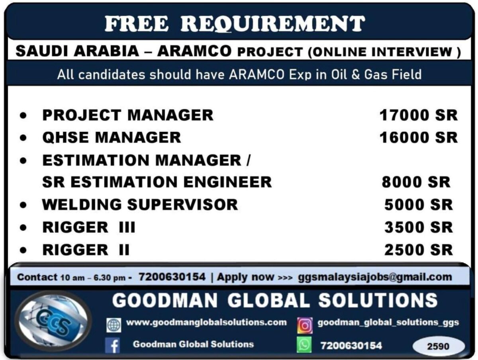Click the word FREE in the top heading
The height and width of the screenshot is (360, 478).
click(136, 23)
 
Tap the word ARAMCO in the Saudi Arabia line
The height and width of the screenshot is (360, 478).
click(194, 51)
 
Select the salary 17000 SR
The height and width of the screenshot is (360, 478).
click(418, 115)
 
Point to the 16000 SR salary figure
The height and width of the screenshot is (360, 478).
click(418, 137)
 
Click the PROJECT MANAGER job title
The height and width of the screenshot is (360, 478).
click(128, 115)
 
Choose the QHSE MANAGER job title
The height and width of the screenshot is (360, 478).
click(112, 137)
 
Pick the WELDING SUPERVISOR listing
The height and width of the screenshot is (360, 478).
click(140, 205)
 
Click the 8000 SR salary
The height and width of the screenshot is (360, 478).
click(416, 182)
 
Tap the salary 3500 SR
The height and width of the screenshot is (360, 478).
click(419, 227)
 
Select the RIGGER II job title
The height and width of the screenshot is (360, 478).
click(86, 250)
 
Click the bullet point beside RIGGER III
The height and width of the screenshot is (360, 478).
click(23, 228)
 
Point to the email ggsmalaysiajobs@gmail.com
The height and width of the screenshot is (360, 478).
click(375, 277)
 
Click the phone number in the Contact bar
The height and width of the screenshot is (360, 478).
click(172, 277)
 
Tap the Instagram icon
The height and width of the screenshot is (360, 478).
click(305, 325)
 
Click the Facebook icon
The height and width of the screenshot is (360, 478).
click(112, 345)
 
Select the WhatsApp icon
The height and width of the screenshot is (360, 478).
click(304, 344)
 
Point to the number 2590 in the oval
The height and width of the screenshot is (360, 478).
click(438, 346)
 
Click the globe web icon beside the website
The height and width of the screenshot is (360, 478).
click(114, 325)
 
